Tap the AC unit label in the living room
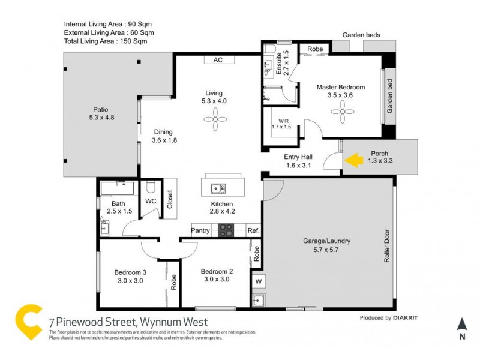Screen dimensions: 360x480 pos(218,59)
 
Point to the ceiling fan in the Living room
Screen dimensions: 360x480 pos(214,121)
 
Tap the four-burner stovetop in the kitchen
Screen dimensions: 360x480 pos(226,230)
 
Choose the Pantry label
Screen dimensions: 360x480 pos(200,230)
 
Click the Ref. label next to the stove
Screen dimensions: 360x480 pos(253,230)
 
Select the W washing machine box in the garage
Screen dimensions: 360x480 pos(259,281)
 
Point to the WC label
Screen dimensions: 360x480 pos(150,201)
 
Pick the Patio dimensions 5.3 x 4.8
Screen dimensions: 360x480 pos(101,118)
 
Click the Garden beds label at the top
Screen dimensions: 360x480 pos(361,35)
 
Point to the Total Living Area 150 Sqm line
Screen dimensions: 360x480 pos(106,41)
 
